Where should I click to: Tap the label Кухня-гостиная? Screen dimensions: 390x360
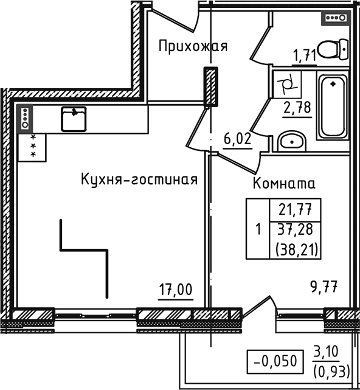coord(139,179)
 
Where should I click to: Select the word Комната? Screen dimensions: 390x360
coord(284,183)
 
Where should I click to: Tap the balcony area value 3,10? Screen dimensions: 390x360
coord(326,352)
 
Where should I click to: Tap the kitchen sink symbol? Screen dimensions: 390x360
coord(74,118)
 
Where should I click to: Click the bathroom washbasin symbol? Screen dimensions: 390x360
coord(292,142)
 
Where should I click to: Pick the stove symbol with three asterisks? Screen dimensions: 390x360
coord(33,147)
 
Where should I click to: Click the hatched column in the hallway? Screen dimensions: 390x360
coord(210,86)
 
